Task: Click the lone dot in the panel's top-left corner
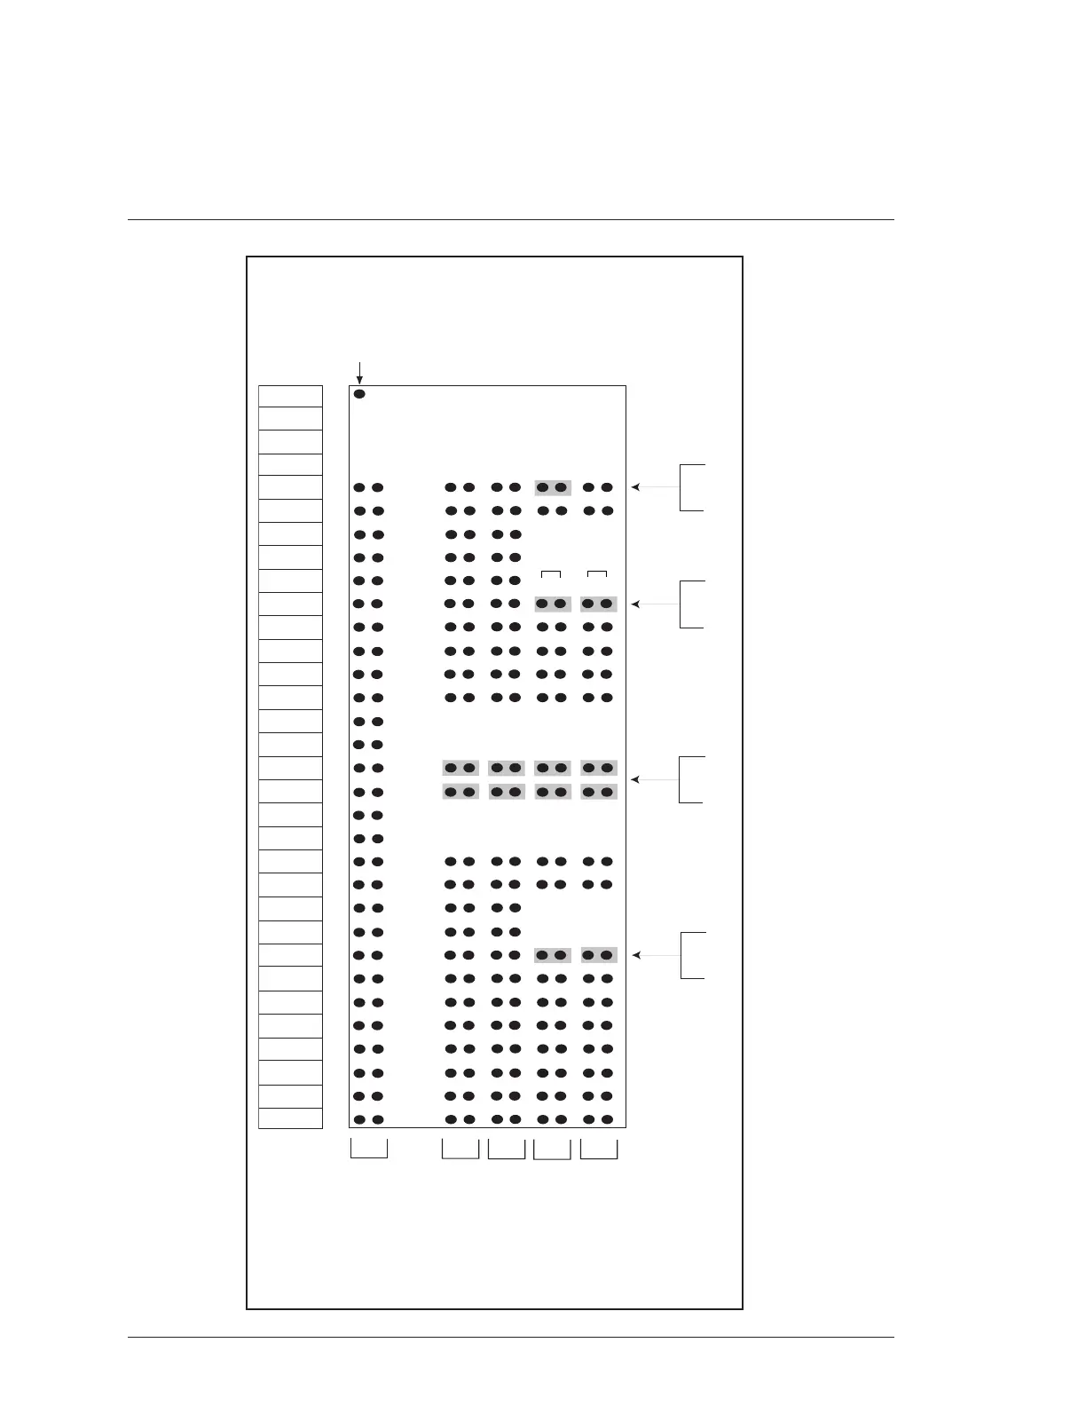point(359,394)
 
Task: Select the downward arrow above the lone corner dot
point(359,374)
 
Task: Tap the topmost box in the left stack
point(290,397)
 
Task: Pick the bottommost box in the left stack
point(290,1118)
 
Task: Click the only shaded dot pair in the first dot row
point(552,487)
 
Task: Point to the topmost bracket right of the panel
point(692,487)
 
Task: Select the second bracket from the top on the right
point(692,604)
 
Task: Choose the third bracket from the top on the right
point(692,779)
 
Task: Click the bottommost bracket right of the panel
point(692,955)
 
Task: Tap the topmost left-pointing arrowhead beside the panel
point(635,487)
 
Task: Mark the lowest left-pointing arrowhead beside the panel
point(635,955)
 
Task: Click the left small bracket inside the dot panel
point(551,574)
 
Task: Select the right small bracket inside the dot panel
point(597,574)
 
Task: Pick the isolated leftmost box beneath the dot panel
point(369,1148)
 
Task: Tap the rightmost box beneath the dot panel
point(599,1149)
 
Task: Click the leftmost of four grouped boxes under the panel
point(460,1149)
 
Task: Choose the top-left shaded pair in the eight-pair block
point(460,768)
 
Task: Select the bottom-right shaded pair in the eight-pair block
point(598,792)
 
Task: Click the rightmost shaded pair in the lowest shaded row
point(598,955)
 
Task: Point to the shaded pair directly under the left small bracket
point(552,604)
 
